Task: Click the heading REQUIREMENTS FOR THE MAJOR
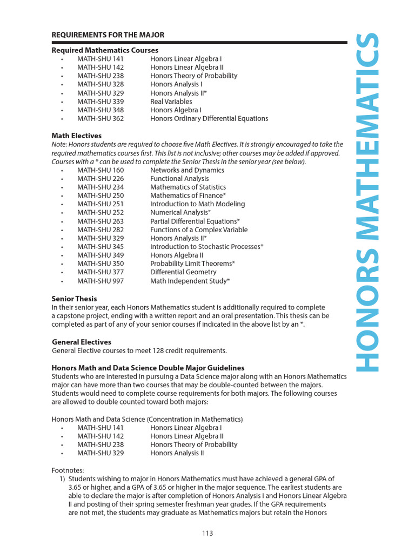click(108, 35)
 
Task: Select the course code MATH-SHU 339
click(101, 102)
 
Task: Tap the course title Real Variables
click(171, 102)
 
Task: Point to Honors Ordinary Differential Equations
click(209, 119)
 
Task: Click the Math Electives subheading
click(76, 136)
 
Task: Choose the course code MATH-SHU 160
click(101, 170)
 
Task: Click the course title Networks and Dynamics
click(187, 170)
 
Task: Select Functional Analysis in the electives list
click(179, 179)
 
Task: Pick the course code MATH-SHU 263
click(101, 221)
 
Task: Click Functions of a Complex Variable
click(199, 230)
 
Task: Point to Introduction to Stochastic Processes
click(206, 247)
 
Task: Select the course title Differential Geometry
click(183, 272)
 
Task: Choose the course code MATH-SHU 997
click(101, 281)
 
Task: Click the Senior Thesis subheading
click(74, 299)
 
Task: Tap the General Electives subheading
click(82, 342)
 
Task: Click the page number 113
click(207, 534)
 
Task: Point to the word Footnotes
click(68, 470)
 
